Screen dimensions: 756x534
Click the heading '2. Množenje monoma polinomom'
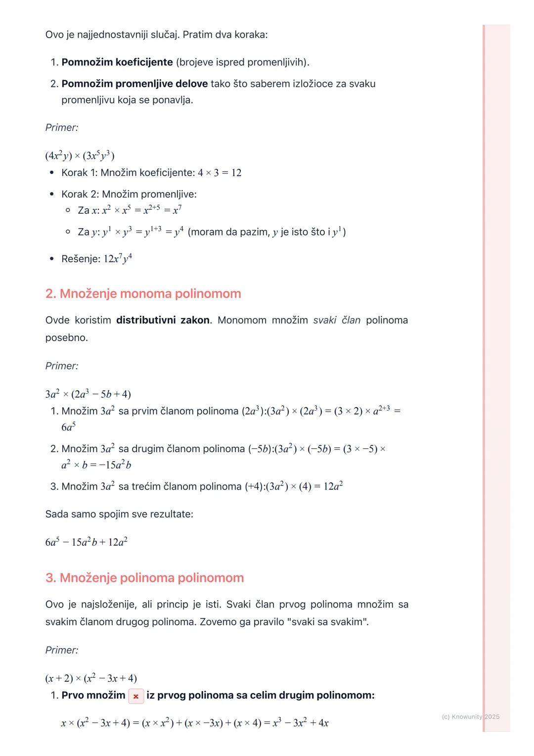tap(143, 293)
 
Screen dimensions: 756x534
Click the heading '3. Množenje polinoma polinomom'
tap(144, 577)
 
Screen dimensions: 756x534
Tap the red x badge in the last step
tap(136, 696)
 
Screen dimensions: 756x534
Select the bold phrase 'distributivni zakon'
tap(163, 320)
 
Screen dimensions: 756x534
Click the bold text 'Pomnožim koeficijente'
tap(117, 62)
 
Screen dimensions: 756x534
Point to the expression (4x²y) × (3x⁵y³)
tap(80, 156)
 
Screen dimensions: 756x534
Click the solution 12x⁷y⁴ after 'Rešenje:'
tap(118, 259)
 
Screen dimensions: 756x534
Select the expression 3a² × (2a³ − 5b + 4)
tap(88, 394)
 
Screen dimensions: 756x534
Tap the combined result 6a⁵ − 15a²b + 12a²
tap(86, 542)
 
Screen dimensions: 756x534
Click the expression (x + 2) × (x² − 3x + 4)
tap(91, 678)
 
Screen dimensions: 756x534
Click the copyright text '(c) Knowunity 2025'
tap(470, 716)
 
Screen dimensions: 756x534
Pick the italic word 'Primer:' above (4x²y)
tap(62, 128)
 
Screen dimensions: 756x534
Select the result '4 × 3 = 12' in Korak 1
tap(220, 173)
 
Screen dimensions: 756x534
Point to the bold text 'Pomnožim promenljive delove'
tap(134, 84)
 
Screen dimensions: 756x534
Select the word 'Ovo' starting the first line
tap(54, 35)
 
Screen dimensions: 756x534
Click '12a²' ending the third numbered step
tap(333, 486)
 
